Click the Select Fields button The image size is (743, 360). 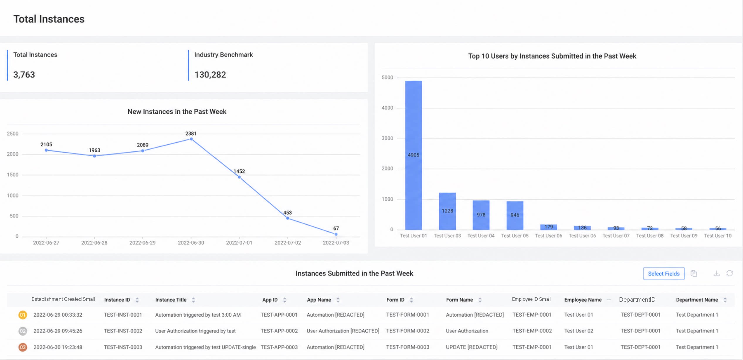(x=664, y=274)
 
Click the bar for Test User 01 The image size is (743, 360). (x=413, y=155)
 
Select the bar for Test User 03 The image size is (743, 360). (x=447, y=211)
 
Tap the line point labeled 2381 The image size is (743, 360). (x=191, y=139)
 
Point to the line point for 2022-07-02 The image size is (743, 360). (x=288, y=218)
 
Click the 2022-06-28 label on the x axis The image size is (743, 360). (x=94, y=243)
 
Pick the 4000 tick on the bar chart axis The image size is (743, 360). (x=387, y=108)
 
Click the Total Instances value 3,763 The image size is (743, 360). (x=24, y=75)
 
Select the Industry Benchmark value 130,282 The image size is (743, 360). (x=210, y=75)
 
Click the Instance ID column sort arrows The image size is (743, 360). (x=137, y=300)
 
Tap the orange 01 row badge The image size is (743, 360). (x=23, y=315)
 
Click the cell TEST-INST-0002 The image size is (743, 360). (x=123, y=331)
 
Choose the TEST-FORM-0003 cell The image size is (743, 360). (x=408, y=347)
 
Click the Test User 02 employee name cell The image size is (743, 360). (x=579, y=331)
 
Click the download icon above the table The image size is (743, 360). (x=716, y=273)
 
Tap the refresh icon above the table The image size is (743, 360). (x=730, y=273)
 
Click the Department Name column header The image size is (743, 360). (x=697, y=300)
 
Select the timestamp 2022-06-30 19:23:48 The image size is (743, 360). (x=58, y=347)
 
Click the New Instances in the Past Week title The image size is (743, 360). (x=177, y=112)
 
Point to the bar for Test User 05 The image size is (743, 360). (x=515, y=215)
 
